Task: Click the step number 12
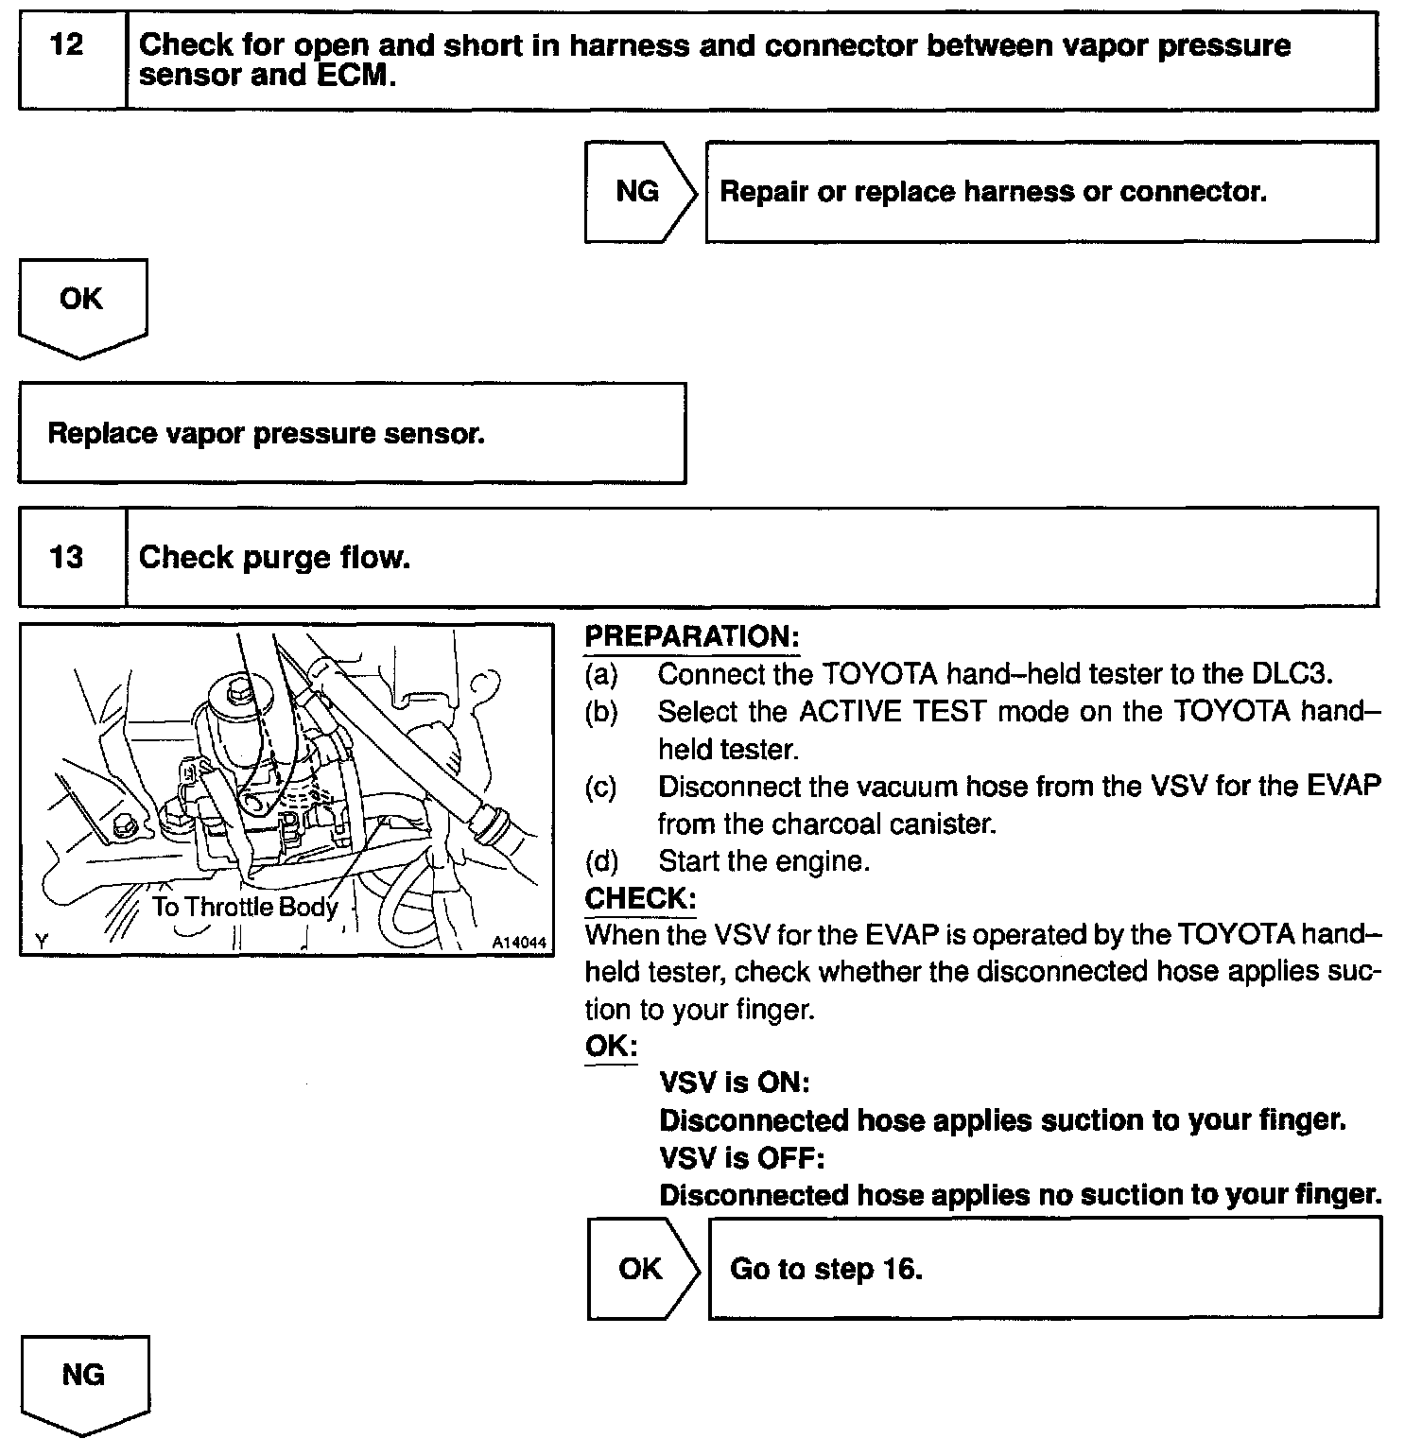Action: [66, 44]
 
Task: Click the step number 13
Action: [66, 557]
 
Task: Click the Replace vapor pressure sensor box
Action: [352, 433]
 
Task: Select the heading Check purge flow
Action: [275, 557]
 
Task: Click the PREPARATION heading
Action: [692, 636]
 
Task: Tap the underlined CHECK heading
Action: [640, 898]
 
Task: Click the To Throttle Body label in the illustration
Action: [245, 908]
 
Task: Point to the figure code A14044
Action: [519, 943]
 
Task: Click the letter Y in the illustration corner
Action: [41, 941]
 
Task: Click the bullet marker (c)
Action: [600, 787]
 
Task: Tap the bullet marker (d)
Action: [600, 861]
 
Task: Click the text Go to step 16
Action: [825, 1269]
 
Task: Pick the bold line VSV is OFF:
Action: [742, 1157]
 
